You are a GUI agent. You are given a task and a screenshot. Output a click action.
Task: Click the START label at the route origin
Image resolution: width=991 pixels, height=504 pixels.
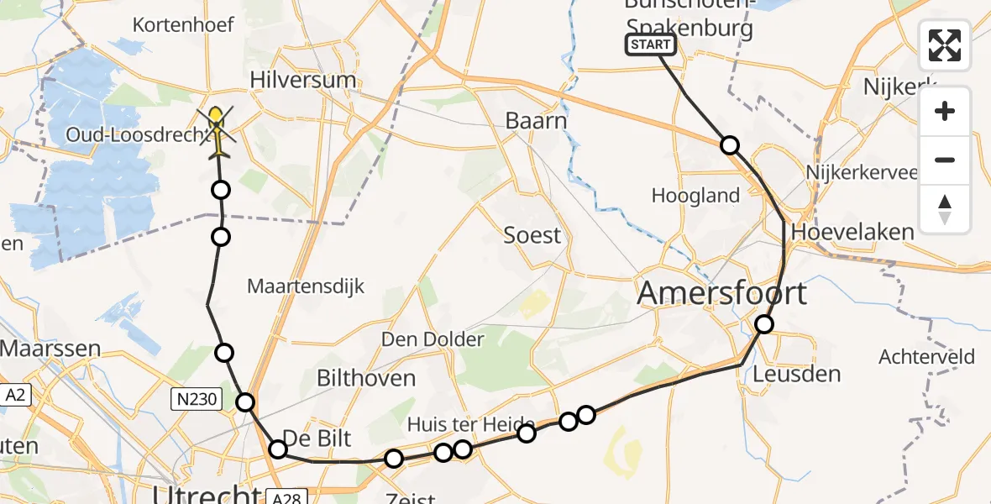650,45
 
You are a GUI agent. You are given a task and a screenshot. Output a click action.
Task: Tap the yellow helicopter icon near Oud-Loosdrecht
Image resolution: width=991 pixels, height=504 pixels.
218,130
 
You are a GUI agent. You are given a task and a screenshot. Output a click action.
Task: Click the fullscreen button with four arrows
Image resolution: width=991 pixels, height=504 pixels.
945,45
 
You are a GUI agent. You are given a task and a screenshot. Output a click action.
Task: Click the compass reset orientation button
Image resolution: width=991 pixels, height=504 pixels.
945,210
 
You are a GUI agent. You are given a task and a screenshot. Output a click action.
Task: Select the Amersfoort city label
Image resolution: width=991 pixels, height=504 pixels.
721,293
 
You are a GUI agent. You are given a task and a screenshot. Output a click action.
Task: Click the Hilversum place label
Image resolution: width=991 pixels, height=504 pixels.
303,81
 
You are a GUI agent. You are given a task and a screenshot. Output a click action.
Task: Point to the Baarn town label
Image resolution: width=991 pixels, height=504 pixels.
536,121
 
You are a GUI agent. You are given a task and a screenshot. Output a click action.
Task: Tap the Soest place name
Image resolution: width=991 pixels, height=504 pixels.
532,235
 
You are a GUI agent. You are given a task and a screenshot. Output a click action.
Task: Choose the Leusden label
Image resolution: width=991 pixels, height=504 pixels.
798,373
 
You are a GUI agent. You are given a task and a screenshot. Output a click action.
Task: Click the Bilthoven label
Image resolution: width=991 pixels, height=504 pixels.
365,378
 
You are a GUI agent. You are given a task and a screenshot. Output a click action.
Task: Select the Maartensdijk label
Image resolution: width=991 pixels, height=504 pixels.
306,286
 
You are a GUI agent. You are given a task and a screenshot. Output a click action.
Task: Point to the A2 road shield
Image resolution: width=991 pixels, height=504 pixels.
14,394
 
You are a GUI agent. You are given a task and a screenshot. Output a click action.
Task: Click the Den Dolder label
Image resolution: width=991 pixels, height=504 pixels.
433,339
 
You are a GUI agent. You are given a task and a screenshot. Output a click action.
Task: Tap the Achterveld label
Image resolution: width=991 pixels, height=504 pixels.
926,357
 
